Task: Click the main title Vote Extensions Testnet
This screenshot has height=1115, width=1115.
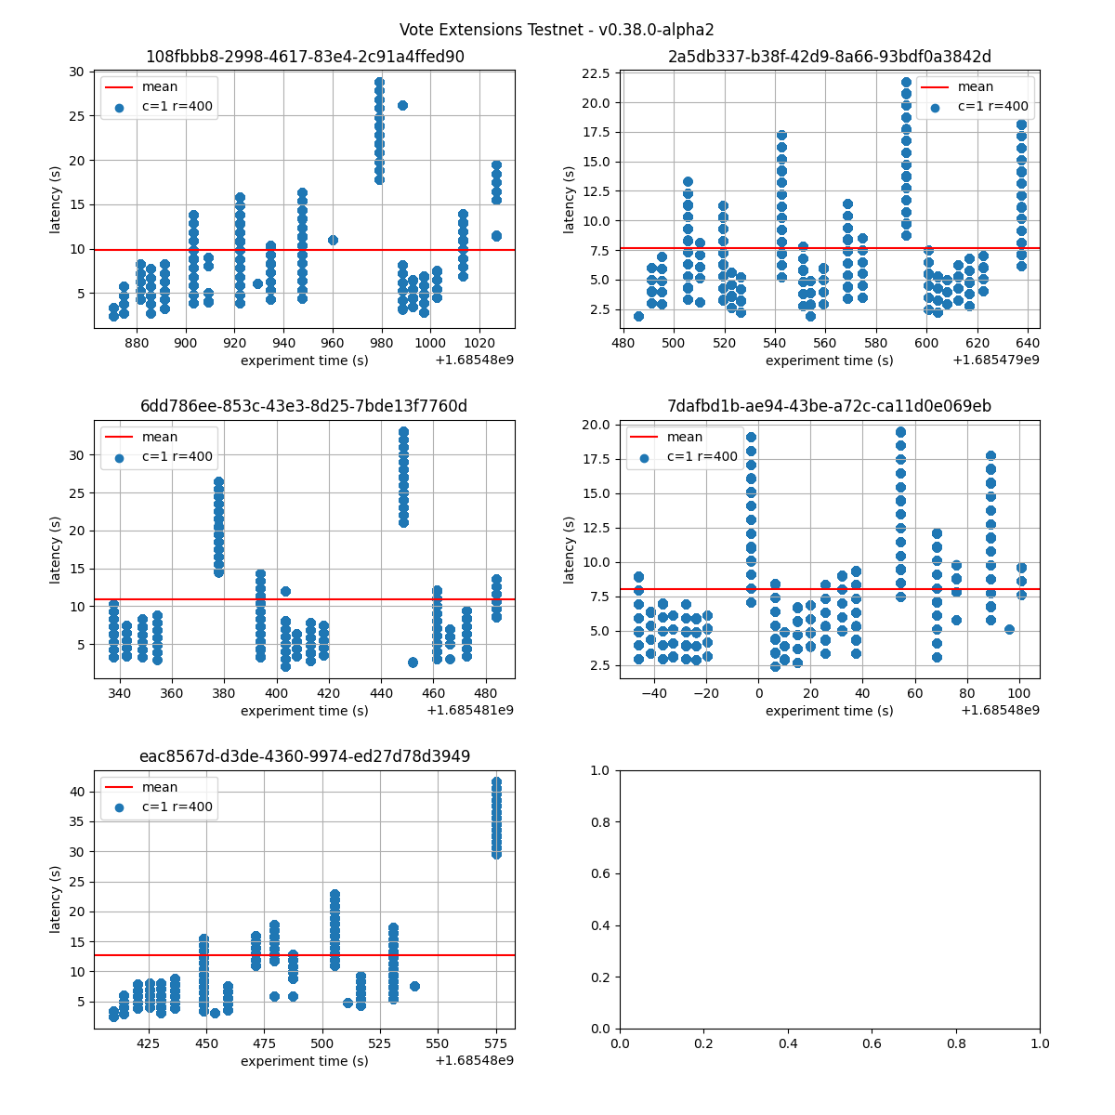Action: tap(557, 30)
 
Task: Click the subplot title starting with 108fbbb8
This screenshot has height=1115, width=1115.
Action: tap(305, 57)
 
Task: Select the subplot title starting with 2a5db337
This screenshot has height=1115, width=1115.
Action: tap(829, 57)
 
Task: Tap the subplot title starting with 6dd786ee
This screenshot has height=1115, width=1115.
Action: tap(305, 406)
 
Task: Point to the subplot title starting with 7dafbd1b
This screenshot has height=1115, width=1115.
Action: tap(829, 406)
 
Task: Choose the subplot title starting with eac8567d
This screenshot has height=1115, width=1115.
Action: tap(305, 756)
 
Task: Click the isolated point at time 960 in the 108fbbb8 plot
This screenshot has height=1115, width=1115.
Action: tap(333, 240)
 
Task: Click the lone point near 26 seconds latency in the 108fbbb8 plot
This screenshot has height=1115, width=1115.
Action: tap(402, 105)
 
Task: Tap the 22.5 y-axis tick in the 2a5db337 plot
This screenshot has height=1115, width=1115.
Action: tap(599, 73)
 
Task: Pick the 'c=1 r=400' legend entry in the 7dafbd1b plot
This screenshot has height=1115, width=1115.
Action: tap(702, 456)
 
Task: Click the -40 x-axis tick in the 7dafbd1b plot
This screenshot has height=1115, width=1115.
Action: tap(654, 692)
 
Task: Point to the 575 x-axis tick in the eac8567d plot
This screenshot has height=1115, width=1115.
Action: tap(496, 1043)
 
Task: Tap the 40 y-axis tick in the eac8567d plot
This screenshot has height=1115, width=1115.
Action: tap(78, 792)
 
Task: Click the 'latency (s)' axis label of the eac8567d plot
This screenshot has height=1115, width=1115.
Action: tap(56, 899)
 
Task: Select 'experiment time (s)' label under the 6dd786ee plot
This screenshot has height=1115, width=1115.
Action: tap(305, 711)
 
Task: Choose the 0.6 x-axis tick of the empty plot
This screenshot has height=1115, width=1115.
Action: tap(872, 1043)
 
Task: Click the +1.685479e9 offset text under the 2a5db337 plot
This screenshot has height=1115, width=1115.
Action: tap(995, 360)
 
